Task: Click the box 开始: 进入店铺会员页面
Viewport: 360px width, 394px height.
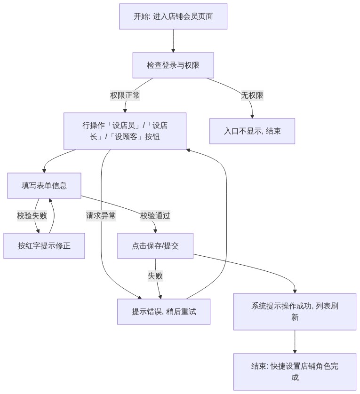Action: click(173, 16)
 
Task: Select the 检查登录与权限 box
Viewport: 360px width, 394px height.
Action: click(173, 65)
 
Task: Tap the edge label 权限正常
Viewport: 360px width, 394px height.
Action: click(125, 95)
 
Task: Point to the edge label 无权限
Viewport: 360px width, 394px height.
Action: click(252, 95)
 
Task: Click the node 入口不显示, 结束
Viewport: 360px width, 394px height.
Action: click(252, 131)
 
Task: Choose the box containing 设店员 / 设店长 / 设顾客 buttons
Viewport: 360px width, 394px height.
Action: click(125, 131)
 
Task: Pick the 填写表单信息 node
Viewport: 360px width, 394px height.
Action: click(44, 186)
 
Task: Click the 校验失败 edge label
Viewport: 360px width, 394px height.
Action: click(32, 216)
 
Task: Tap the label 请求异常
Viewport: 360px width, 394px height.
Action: click(101, 216)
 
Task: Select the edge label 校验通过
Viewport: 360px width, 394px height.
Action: click(155, 216)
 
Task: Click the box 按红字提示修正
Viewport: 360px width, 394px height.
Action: click(44, 246)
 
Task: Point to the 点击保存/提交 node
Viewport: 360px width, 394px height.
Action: click(155, 246)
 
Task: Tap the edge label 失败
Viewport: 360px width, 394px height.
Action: click(155, 276)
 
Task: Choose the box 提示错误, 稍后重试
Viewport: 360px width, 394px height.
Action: click(164, 312)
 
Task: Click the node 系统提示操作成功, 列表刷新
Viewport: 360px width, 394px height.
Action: click(295, 312)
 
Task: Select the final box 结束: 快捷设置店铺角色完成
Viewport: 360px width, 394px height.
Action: click(295, 372)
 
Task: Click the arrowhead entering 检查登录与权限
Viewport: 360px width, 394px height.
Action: click(173, 51)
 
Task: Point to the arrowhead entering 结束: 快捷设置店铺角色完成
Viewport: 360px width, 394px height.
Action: click(295, 352)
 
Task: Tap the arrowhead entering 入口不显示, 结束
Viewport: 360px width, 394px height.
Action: click(252, 116)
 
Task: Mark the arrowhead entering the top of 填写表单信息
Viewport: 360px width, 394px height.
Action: click(44, 171)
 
